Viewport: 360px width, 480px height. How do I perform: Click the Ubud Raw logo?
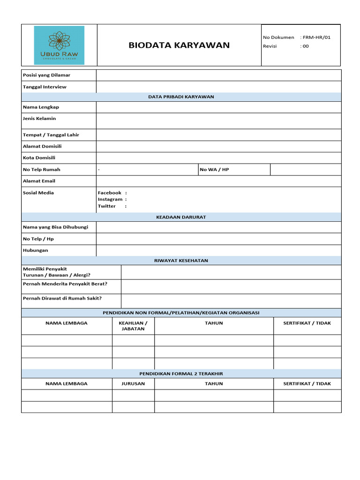pos(59,45)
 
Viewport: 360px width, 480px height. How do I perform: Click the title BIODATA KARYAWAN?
pos(179,45)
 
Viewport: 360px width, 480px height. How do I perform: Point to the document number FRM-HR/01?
pos(317,37)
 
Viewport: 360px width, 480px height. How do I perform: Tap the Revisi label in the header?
pos(270,46)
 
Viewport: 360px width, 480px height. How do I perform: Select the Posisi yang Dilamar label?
pos(46,75)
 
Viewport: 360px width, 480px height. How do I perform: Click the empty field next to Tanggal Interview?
pos(218,87)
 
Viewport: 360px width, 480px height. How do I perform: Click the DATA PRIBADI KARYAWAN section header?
pos(181,97)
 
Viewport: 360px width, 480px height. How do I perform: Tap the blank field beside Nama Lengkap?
pos(218,107)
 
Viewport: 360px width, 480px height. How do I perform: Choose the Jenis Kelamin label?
pos(39,119)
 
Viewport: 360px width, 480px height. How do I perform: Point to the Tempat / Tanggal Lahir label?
pos(51,135)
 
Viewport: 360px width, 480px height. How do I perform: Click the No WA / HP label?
pos(215,170)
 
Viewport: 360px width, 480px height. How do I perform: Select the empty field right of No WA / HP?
pos(306,170)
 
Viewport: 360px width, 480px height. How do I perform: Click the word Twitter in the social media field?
pos(107,206)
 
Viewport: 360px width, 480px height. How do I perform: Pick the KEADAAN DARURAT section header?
pos(181,217)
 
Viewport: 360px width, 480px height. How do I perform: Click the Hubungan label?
pos(36,250)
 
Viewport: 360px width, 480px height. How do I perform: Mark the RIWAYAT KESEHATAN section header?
pos(181,261)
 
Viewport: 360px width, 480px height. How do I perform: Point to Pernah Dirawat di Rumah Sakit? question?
pos(62,299)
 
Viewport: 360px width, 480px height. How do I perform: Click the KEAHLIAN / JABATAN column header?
pos(133,326)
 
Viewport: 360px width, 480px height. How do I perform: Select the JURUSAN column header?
pos(133,383)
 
